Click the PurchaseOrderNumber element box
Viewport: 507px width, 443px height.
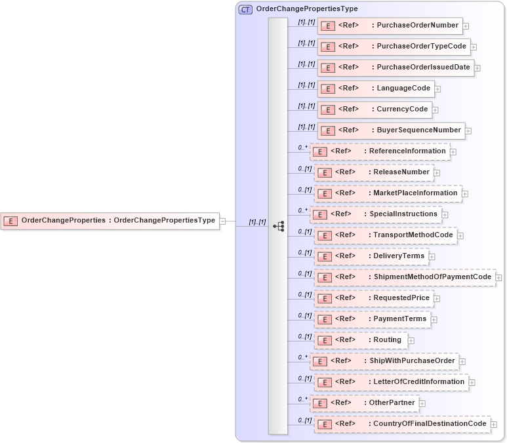click(x=390, y=26)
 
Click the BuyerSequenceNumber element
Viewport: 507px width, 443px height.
click(x=391, y=130)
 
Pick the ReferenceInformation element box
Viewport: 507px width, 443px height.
click(x=380, y=151)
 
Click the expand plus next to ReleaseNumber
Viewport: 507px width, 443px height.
click(x=437, y=173)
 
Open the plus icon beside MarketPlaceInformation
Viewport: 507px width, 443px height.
click(x=465, y=193)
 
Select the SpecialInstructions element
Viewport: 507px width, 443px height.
click(x=375, y=214)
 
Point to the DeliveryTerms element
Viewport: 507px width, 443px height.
click(x=371, y=256)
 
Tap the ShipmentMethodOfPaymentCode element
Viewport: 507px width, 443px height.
click(x=405, y=277)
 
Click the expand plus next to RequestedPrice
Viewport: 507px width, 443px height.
click(x=437, y=299)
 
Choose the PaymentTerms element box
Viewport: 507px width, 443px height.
click(x=371, y=319)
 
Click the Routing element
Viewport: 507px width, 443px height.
click(x=360, y=340)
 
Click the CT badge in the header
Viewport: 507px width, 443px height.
click(x=245, y=9)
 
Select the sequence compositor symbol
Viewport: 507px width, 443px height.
click(x=278, y=225)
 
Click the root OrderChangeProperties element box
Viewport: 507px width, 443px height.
click(x=110, y=221)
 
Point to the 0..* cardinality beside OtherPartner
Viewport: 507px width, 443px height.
click(x=302, y=399)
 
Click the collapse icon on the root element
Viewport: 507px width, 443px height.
click(x=223, y=221)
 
